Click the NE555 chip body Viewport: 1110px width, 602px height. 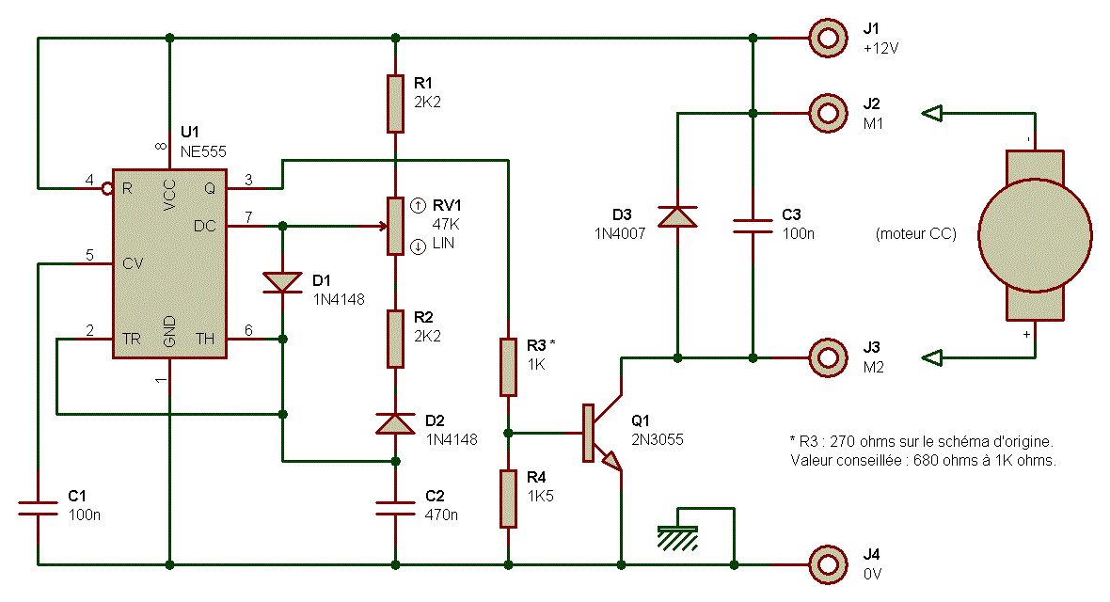pyautogui.click(x=169, y=263)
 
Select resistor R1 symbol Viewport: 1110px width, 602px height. pyautogui.click(x=395, y=103)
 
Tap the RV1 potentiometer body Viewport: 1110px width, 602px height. pyautogui.click(x=395, y=226)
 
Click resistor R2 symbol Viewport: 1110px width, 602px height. pyautogui.click(x=395, y=339)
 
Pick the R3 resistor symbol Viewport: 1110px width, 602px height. pyautogui.click(x=508, y=367)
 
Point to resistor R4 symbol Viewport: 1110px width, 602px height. pyautogui.click(x=508, y=499)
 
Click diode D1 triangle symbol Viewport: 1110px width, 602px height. pyautogui.click(x=282, y=281)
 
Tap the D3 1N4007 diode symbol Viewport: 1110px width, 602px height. pyautogui.click(x=677, y=217)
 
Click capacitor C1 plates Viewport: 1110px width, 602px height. pyautogui.click(x=38, y=508)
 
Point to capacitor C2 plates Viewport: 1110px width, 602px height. pyautogui.click(x=395, y=508)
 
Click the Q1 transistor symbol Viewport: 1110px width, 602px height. pyautogui.click(x=602, y=434)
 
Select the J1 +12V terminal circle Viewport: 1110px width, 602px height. pyautogui.click(x=828, y=38)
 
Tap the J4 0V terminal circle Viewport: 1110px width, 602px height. pyautogui.click(x=828, y=564)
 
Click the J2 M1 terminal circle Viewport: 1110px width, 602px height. pyautogui.click(x=828, y=113)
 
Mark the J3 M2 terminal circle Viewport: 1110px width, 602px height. pyautogui.click(x=828, y=357)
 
